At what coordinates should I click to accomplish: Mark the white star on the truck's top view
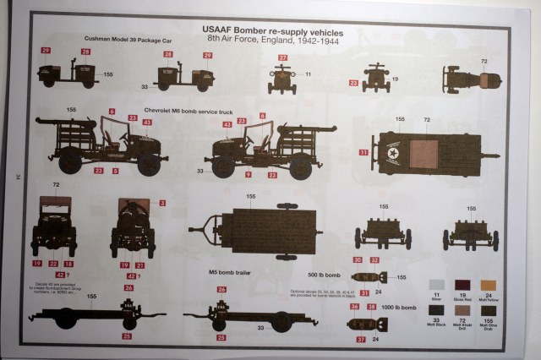pyautogui.click(x=396, y=153)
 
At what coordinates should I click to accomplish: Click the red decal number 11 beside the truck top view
pyautogui.click(x=363, y=152)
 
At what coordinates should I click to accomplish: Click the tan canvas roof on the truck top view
pyautogui.click(x=424, y=153)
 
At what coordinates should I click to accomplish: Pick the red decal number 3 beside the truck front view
pyautogui.click(x=161, y=204)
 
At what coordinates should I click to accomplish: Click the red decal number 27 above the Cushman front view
pyautogui.click(x=282, y=57)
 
